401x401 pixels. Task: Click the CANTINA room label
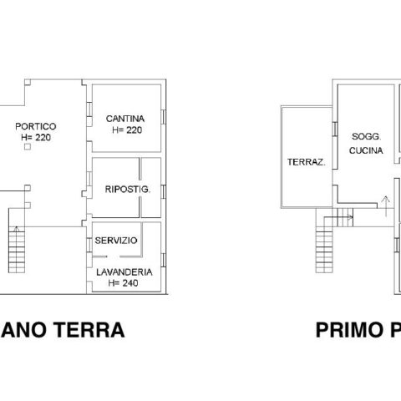125,119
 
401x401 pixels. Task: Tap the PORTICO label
36,126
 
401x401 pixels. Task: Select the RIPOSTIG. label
128,190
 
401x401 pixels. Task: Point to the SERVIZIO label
116,241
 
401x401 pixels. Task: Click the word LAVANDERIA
124,272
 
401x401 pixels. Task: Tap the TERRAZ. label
307,162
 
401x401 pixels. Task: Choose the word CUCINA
366,150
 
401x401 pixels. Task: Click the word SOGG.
367,136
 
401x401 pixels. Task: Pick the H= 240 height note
123,283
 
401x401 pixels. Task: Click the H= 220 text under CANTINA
127,130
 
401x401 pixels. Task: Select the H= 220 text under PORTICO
36,137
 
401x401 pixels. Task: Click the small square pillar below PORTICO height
28,146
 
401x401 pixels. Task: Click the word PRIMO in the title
349,330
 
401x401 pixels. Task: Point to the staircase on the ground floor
17,250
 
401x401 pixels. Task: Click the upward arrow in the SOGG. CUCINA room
386,206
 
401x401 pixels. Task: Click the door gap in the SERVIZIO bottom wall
113,256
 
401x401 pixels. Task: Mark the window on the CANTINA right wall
164,117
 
